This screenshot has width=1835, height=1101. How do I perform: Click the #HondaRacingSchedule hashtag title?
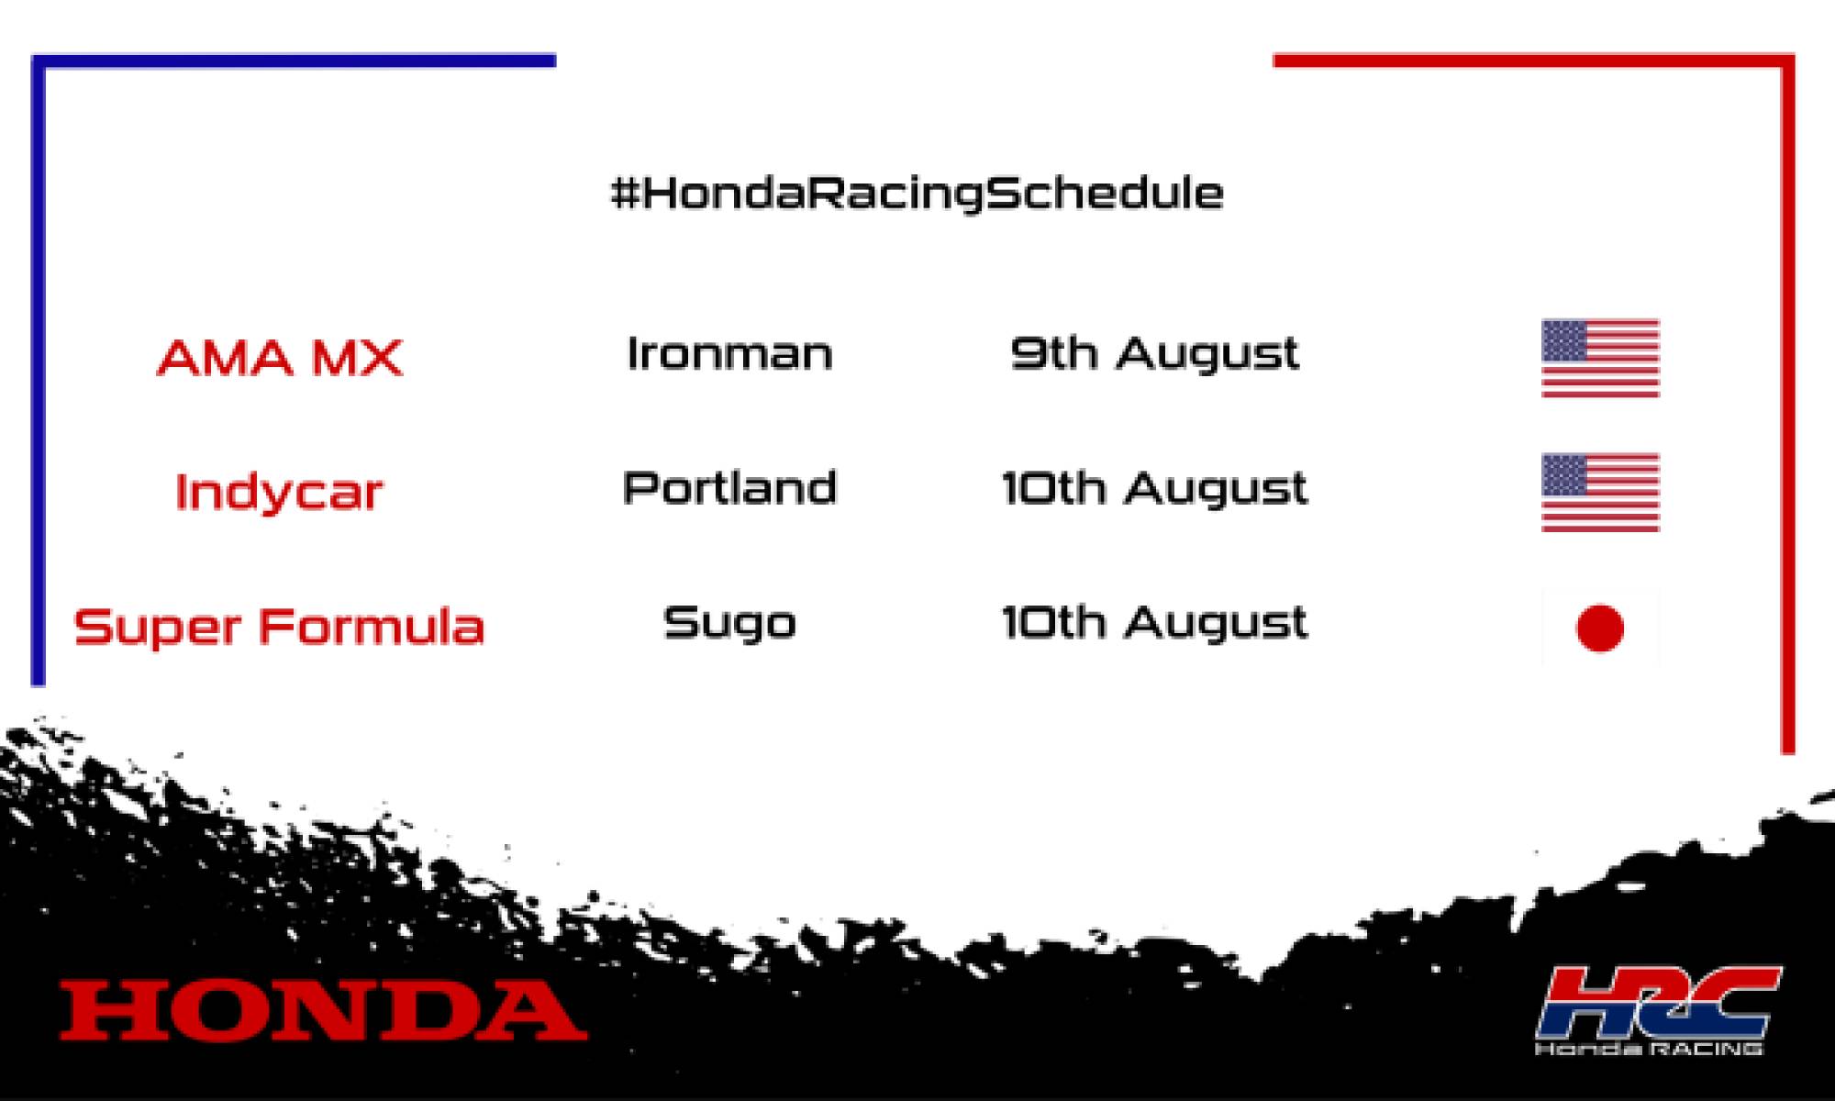coord(917,193)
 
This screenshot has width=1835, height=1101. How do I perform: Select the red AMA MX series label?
coord(280,357)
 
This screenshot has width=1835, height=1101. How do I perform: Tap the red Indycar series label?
coord(278,492)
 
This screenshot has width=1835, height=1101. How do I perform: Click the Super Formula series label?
coord(279,627)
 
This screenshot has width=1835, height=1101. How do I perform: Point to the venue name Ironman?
coord(729,353)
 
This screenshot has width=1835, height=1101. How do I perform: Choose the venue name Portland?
coord(729,487)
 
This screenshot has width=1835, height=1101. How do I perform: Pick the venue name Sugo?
coord(729,624)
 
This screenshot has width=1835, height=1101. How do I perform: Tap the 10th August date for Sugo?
coord(1154,624)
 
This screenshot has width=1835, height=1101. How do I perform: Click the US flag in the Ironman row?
coord(1600,358)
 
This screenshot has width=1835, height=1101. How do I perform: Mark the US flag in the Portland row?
coord(1600,493)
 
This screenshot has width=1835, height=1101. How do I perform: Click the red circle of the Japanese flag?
coord(1600,628)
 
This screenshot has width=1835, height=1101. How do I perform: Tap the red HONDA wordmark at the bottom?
coord(323,1010)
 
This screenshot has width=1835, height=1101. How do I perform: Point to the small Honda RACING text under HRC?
coord(1649,1048)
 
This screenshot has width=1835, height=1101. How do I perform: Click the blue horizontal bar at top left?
coord(294,61)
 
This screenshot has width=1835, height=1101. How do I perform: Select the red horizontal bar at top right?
coord(1532,61)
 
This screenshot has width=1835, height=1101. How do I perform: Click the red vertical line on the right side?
coord(1787,404)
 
